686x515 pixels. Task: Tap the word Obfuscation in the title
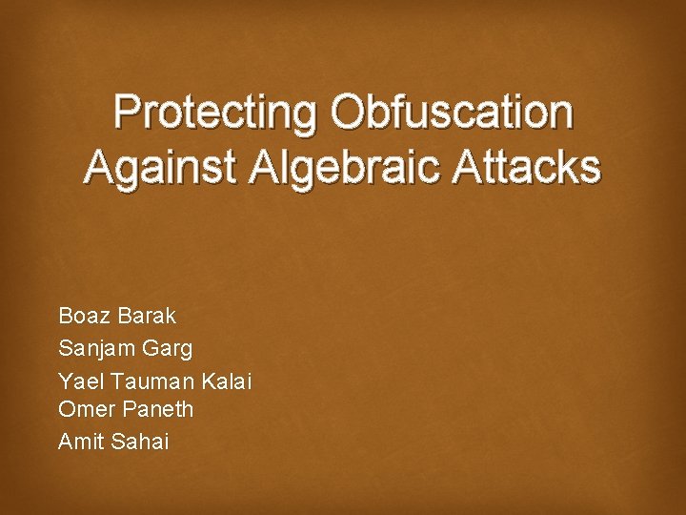pos(452,113)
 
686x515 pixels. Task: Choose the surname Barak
pos(148,316)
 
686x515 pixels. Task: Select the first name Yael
pos(81,381)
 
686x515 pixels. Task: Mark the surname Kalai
pos(226,381)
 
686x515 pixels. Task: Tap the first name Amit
pos(80,441)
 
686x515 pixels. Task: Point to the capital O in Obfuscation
pos(348,113)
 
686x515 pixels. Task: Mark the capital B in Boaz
pos(65,316)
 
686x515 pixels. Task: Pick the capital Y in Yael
pos(65,381)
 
